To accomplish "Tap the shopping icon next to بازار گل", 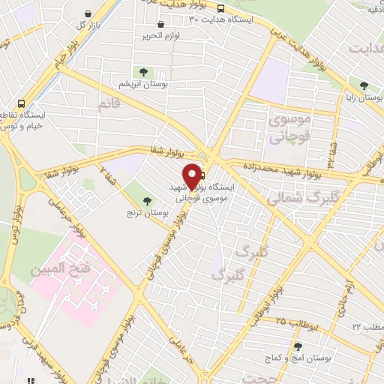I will (89, 14).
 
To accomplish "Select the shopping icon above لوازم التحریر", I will (160, 25).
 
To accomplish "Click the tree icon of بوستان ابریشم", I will (143, 72).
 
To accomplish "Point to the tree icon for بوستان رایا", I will (364, 86).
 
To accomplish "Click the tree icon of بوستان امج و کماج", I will (298, 346).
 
